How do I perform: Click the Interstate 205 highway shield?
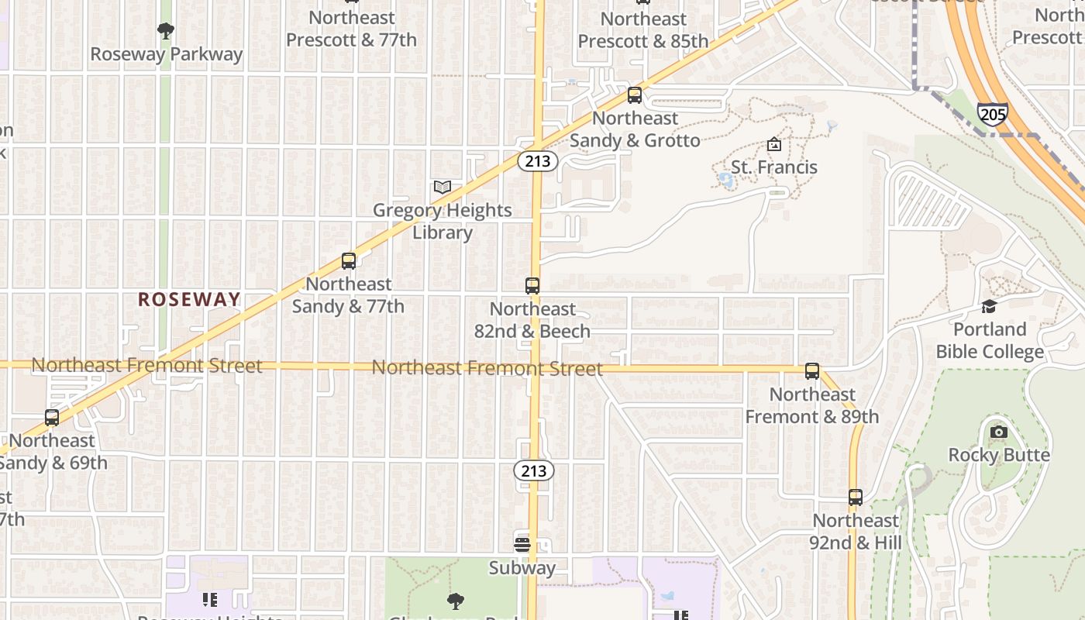(992, 114)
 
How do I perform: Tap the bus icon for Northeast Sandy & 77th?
(349, 261)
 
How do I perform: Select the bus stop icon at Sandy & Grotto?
(635, 95)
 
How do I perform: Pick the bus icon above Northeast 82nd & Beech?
(532, 286)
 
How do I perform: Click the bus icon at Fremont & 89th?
(812, 371)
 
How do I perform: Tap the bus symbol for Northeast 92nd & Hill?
(856, 498)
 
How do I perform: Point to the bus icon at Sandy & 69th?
(52, 418)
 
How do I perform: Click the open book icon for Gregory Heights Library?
(443, 187)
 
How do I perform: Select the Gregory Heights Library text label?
(443, 221)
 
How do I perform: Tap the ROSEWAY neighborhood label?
(189, 299)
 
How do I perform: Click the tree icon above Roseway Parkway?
(165, 31)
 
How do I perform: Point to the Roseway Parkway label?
(167, 54)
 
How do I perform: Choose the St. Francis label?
(773, 167)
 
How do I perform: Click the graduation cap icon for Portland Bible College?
(989, 306)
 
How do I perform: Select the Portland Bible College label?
(990, 340)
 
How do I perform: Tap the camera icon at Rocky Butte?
(999, 432)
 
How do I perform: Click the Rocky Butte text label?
(999, 455)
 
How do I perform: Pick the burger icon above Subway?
(522, 544)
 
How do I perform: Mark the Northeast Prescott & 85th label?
(643, 29)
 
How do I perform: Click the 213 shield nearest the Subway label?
(533, 470)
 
